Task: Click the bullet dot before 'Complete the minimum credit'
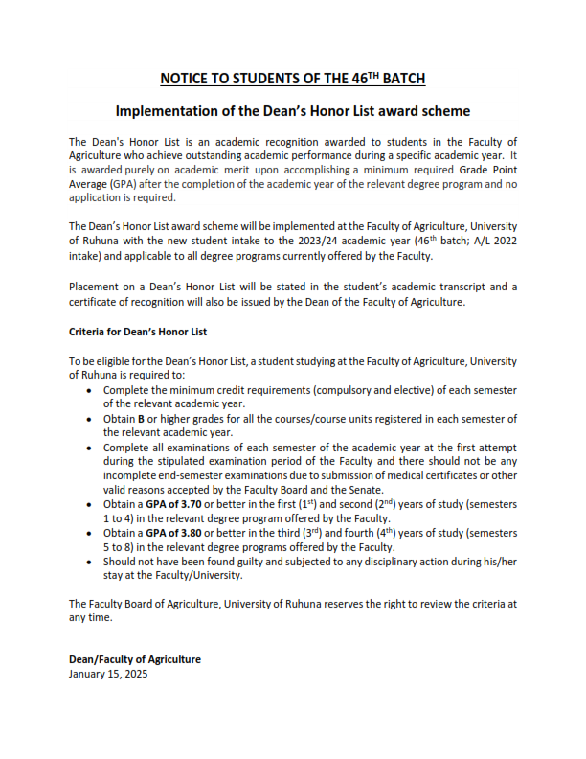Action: point(90,391)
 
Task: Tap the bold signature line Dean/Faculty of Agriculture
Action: point(135,660)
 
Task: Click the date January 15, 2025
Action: point(109,674)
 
